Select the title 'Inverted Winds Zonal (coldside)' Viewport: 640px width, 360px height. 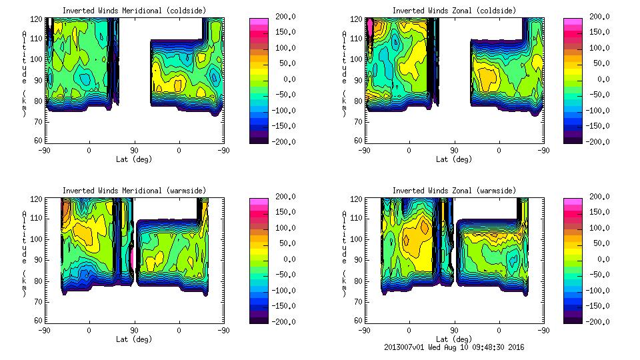click(454, 11)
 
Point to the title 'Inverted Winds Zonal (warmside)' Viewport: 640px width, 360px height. click(454, 191)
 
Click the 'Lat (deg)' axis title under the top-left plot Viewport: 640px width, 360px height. click(133, 159)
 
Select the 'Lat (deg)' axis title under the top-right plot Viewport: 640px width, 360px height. click(454, 159)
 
